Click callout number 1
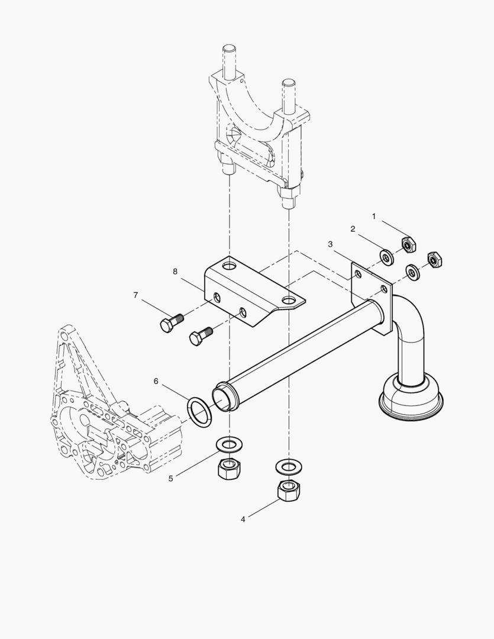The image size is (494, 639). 374,217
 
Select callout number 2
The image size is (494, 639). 353,229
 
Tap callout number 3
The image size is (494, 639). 330,244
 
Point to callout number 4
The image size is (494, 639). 243,519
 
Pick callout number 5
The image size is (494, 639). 171,478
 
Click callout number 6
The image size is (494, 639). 156,382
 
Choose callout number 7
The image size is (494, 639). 135,295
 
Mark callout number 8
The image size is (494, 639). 175,272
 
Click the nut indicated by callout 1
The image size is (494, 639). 409,243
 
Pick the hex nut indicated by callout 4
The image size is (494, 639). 288,490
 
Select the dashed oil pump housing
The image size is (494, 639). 112,414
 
